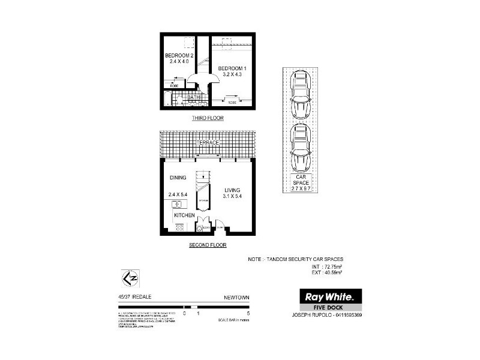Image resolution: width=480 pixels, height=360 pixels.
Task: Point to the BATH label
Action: click(193, 97)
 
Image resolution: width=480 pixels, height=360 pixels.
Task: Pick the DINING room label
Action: click(178, 178)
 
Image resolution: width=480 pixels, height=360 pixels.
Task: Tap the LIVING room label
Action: click(232, 190)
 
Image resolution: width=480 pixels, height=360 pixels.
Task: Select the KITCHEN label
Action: click(184, 215)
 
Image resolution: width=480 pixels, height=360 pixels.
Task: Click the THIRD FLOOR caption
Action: click(208, 118)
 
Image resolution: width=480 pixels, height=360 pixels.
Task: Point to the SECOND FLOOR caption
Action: click(207, 245)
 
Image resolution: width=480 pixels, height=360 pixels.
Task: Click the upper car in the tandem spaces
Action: click(301, 94)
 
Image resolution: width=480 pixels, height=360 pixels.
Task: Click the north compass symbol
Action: click(128, 278)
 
